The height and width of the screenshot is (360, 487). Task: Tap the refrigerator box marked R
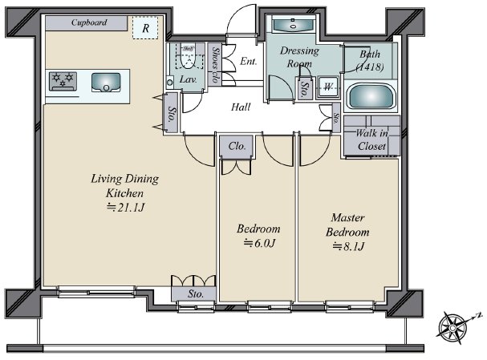[145, 28]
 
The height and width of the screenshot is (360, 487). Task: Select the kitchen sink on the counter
[106, 81]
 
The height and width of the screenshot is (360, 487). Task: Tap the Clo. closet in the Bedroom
[237, 147]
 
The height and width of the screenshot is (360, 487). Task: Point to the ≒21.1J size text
[116, 208]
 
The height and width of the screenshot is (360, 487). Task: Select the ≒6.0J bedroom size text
[258, 243]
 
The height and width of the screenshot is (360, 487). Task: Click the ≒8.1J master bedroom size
[348, 245]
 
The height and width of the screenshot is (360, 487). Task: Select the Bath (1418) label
[369, 61]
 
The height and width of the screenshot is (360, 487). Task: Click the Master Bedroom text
[348, 224]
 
